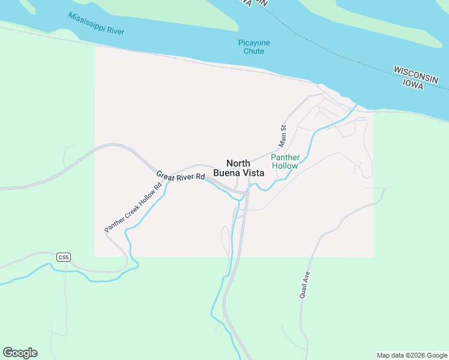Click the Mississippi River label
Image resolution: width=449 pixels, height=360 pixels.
coord(96,23)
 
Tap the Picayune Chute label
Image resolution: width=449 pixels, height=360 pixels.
coord(254,47)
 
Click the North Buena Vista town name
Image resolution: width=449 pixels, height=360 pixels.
coord(238,168)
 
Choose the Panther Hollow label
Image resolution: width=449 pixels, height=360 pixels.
coord(285,161)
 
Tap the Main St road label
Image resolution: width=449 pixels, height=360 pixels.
coord(283,136)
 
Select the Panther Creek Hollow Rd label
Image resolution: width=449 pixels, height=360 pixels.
coord(133,208)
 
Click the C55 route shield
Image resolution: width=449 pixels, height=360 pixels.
coord(64,257)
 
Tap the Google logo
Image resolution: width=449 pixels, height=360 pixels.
coord(20,353)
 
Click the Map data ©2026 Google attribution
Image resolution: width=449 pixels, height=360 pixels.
coord(412,355)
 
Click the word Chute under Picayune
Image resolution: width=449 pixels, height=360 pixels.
coord(254,51)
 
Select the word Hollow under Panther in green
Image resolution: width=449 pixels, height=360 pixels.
coord(285,166)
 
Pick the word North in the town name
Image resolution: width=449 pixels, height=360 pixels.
coord(238,163)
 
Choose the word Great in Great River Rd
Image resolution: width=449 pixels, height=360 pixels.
coord(166,175)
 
